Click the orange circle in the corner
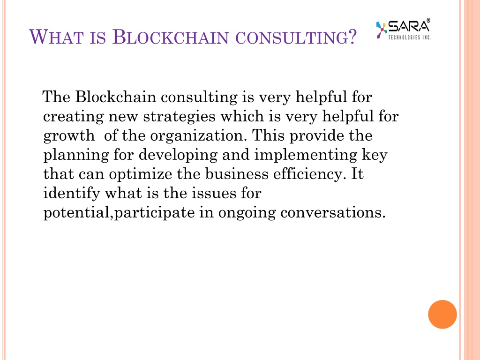442,315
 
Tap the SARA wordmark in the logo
409,26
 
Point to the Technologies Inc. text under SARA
410,37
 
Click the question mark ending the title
352,37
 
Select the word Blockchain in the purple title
171,37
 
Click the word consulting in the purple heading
292,37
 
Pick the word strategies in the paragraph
180,116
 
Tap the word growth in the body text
69,135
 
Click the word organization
198,135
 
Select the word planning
76,155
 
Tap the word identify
72,194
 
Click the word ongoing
247,213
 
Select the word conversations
333,212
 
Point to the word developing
178,155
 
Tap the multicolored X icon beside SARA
381,30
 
